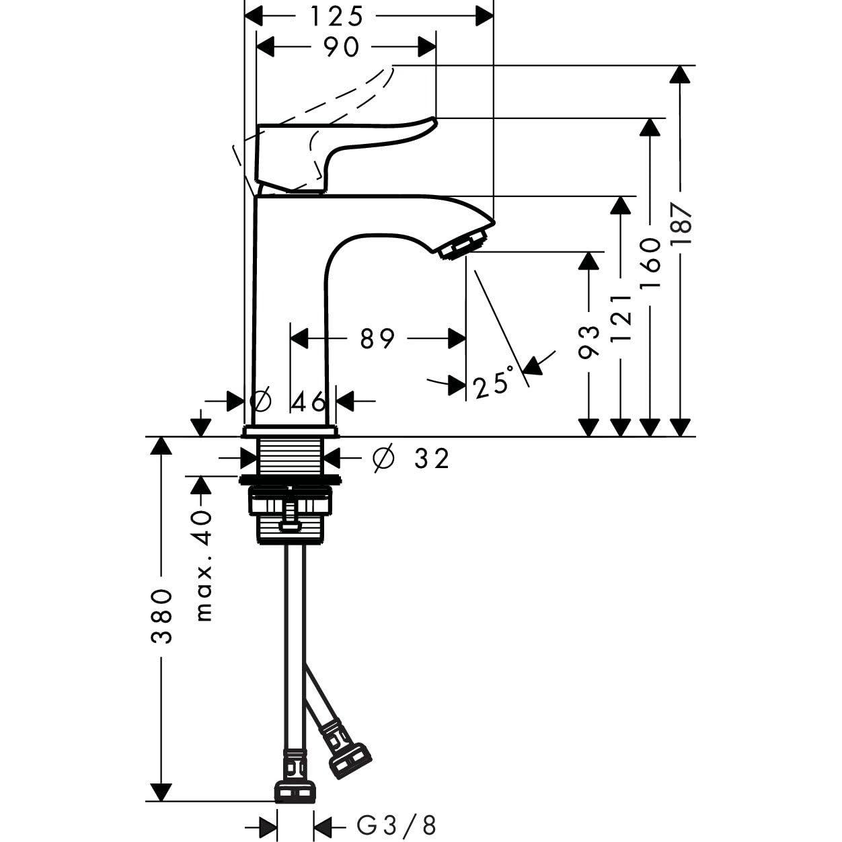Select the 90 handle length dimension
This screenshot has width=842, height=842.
[341, 47]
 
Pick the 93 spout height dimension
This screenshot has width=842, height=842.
[589, 342]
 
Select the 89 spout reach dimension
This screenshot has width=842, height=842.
[377, 339]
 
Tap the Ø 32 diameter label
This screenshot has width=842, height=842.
[410, 459]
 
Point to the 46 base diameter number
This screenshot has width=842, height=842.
[309, 402]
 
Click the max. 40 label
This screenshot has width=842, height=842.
[204, 565]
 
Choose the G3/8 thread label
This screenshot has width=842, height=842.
[396, 825]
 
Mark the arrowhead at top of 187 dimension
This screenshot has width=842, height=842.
[681, 73]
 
